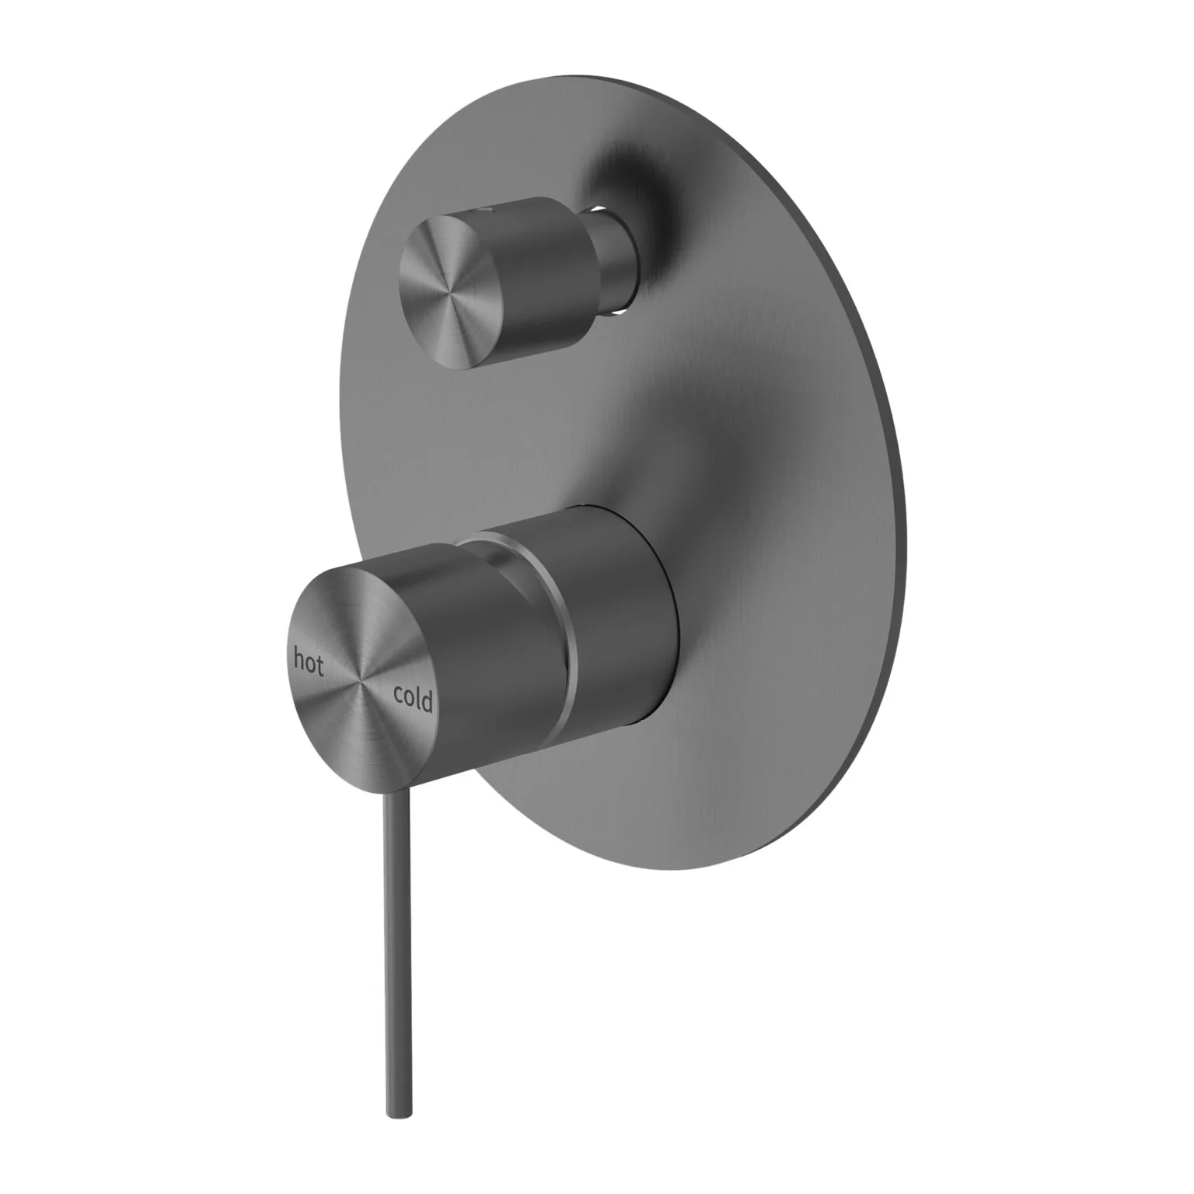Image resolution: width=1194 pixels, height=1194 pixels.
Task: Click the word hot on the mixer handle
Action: (309, 662)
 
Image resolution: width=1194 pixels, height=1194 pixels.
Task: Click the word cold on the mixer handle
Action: (413, 699)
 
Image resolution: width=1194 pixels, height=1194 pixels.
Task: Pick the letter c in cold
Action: (399, 696)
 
